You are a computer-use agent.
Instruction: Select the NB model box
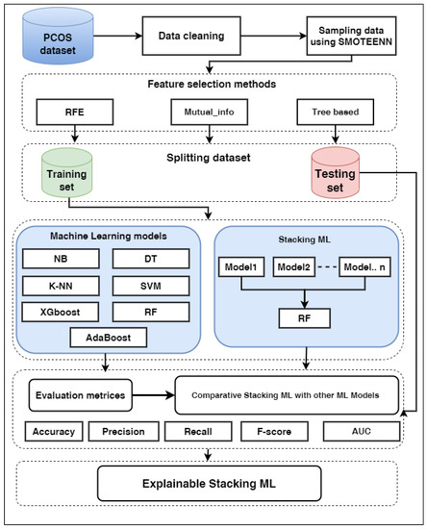click(x=60, y=258)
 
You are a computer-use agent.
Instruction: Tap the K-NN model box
click(x=60, y=286)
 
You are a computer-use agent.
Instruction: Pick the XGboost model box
click(x=60, y=312)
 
